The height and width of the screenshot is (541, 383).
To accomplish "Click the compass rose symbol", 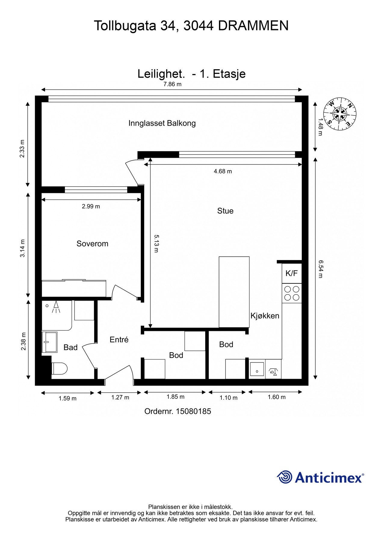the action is [x=340, y=114].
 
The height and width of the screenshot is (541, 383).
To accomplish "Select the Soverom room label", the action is [x=92, y=243].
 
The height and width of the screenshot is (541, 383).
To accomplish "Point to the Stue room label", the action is [x=225, y=211].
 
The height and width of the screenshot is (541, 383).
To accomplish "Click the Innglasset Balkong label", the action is [x=162, y=123].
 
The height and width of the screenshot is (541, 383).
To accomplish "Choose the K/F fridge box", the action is [x=292, y=273].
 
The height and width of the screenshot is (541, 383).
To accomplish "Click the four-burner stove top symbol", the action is [x=292, y=293].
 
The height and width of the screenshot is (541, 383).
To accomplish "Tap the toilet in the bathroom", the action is [x=59, y=368].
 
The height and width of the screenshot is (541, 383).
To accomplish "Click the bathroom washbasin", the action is [x=50, y=342].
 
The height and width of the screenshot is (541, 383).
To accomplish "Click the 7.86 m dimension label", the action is [x=172, y=84].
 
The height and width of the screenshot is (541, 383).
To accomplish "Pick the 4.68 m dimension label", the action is [x=223, y=171].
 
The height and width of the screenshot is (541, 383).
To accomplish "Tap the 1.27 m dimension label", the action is [x=120, y=397].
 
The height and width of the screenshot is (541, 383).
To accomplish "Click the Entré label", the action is [x=119, y=340].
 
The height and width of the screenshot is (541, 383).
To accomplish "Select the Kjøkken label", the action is [x=265, y=316].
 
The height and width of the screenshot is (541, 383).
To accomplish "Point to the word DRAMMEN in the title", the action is [x=253, y=26].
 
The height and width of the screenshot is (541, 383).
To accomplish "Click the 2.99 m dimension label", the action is [x=91, y=206].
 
